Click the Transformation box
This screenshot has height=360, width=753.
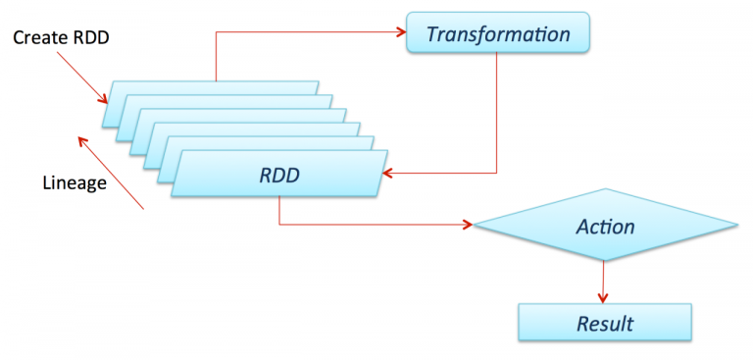coord(497,33)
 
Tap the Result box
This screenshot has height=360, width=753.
coord(605,323)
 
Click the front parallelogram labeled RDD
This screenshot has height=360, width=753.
coord(279,175)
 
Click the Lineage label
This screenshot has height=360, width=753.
coord(75,182)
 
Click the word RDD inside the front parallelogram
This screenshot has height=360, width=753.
coord(278,175)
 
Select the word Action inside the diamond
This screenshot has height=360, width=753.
coord(605,227)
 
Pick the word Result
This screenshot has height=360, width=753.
coord(605,323)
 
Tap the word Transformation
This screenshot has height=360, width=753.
coord(498,34)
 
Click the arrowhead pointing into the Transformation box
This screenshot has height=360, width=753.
coord(400,32)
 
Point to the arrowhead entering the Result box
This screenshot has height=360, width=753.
coord(603,296)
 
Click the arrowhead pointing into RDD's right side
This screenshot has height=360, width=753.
coord(388,175)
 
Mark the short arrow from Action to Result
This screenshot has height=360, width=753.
coord(603,281)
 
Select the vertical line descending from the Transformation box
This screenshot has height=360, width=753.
coord(497,113)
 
